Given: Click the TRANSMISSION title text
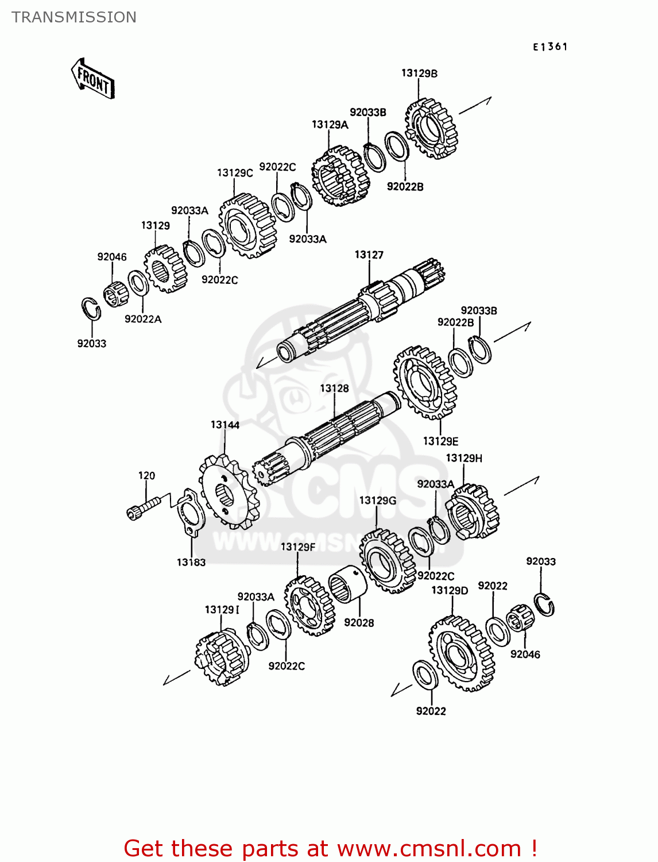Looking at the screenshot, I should (74, 17).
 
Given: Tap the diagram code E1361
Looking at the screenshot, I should (550, 47).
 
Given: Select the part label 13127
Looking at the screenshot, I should (369, 255).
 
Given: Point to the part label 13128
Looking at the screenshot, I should (334, 388).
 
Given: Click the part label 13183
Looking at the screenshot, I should (191, 562).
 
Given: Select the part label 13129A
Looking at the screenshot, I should (330, 125).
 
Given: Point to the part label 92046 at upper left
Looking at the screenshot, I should (111, 257).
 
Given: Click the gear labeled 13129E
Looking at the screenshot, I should (425, 382).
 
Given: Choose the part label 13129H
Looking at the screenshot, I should (464, 458).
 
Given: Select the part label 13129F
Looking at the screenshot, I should (297, 547).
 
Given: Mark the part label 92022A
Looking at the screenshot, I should (143, 319).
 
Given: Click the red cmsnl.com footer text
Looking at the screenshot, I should (330, 848).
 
